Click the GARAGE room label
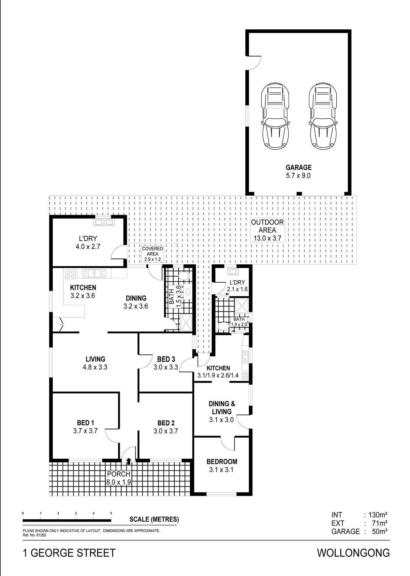tap(299, 168)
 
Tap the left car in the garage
tap(275, 116)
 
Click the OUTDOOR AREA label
tap(267, 226)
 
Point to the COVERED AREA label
tap(153, 251)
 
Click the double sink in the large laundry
tap(103, 222)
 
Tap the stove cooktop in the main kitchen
tap(70, 273)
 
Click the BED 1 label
tap(85, 423)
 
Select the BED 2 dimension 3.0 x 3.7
tap(166, 431)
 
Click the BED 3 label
tap(166, 359)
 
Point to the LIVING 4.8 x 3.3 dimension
tap(95, 367)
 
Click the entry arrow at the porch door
tap(129, 461)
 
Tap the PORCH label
tap(119, 474)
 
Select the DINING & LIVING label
tap(222, 407)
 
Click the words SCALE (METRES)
tap(154, 519)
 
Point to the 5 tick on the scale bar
tap(111, 513)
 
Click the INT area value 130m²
tap(378, 515)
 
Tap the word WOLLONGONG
tap(353, 553)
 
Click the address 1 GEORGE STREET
tap(69, 553)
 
